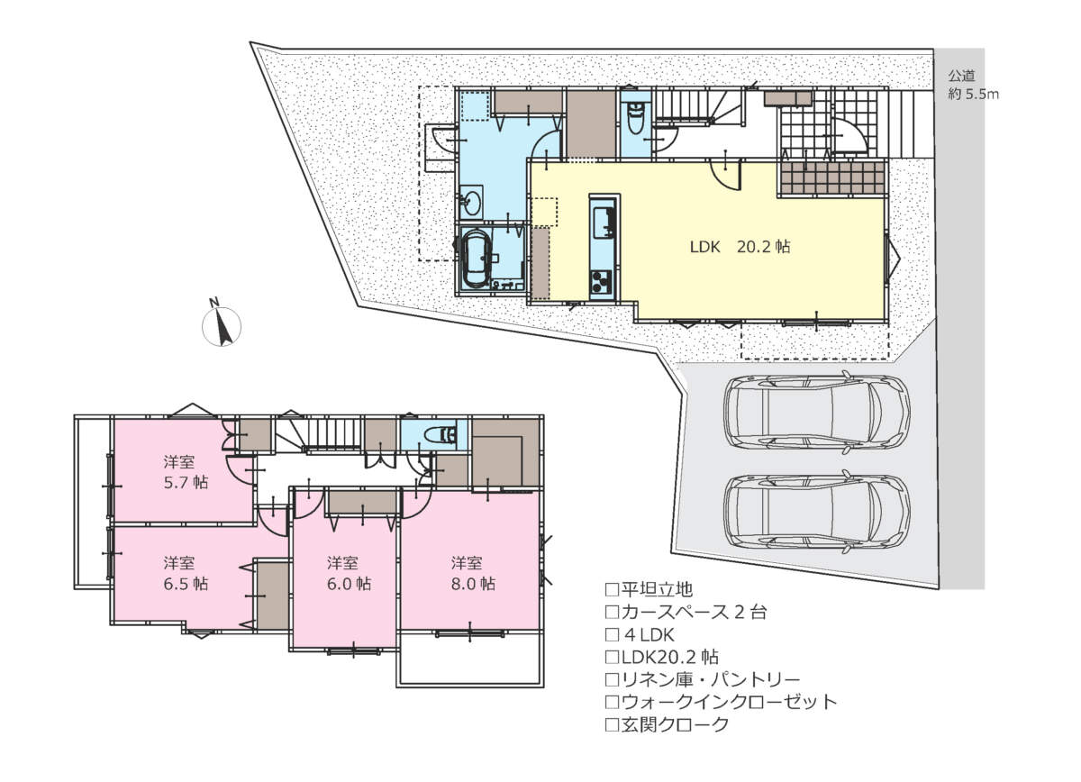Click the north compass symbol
[x=221, y=323]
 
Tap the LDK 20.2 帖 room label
[x=740, y=247]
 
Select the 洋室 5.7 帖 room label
[x=186, y=472]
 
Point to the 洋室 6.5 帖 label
[x=186, y=574]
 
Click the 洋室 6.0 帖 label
[x=349, y=574]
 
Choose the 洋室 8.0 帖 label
[x=473, y=574]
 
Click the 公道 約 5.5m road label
[x=973, y=85]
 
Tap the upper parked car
[x=816, y=413]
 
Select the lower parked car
[x=816, y=512]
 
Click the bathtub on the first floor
[x=477, y=259]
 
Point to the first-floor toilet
[x=634, y=118]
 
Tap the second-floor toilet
[x=441, y=434]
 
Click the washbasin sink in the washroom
[x=471, y=203]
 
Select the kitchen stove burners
[x=602, y=281]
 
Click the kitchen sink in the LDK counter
[x=604, y=223]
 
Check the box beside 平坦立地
[x=612, y=589]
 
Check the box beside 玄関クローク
[x=612, y=724]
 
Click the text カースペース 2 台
[x=694, y=612]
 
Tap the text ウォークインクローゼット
[x=729, y=702]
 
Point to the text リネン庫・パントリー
[x=711, y=679]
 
